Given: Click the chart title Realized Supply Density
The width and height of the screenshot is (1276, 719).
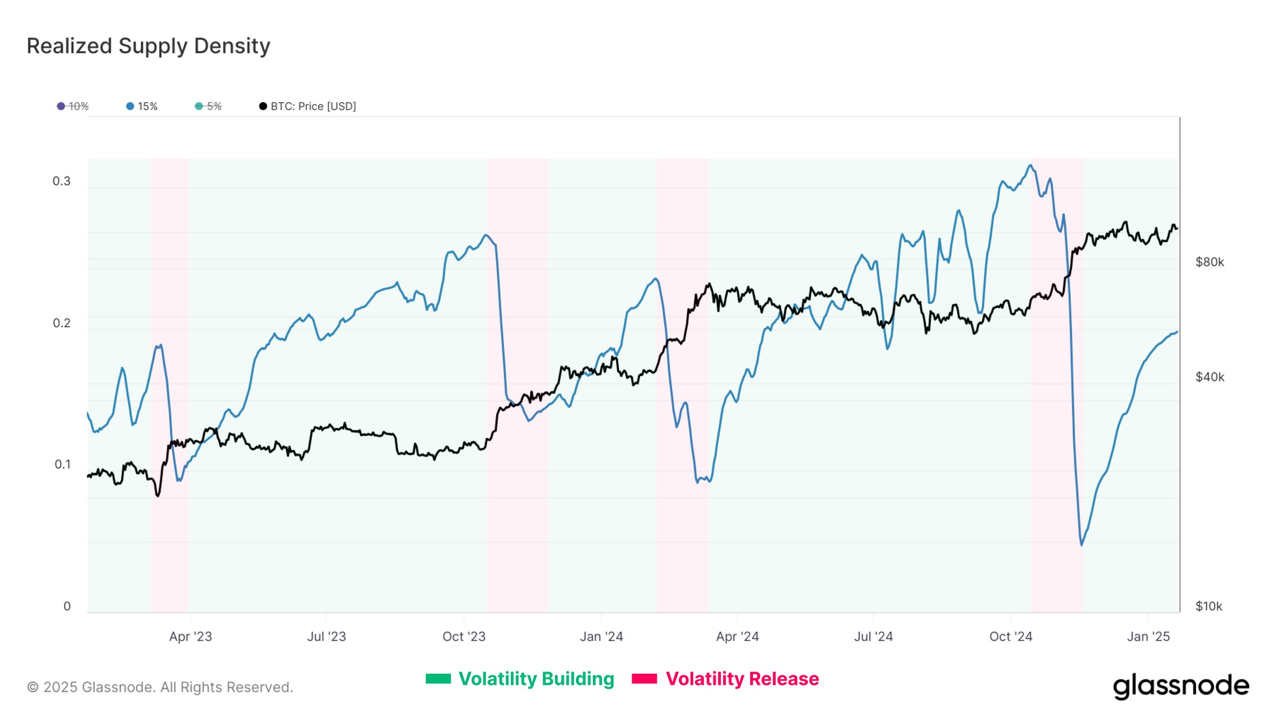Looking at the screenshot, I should point(148,46).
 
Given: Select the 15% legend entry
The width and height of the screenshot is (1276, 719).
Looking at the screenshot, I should point(142,106).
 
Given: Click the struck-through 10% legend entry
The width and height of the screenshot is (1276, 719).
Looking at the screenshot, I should point(73,106).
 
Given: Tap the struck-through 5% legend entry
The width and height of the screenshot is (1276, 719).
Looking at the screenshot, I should point(208,106).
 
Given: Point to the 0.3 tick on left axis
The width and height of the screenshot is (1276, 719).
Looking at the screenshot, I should point(62,181).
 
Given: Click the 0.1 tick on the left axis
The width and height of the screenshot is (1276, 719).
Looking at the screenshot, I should point(62,465).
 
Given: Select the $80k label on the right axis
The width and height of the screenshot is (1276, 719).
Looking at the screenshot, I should point(1210,262).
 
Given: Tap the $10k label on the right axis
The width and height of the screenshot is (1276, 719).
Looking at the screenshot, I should point(1208,606).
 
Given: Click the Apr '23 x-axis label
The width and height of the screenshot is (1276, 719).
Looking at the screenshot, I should point(190,637).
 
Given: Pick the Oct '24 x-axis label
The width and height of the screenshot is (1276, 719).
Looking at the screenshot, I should point(1010,637).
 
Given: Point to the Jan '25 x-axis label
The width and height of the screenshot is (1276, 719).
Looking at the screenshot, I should point(1148,637).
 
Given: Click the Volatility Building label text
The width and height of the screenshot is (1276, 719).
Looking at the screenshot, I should point(536,679).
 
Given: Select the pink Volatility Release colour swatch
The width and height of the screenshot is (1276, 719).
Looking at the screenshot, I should point(644,679).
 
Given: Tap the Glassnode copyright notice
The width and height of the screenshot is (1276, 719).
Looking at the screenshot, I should point(160,687).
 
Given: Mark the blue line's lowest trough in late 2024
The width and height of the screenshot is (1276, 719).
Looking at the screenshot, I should point(1081,544).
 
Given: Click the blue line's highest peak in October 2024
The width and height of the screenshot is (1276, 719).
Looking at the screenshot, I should point(1030,166).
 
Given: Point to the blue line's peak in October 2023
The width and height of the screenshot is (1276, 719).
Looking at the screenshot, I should point(485,235).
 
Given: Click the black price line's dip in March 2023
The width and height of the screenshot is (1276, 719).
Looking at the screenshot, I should point(157,495).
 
